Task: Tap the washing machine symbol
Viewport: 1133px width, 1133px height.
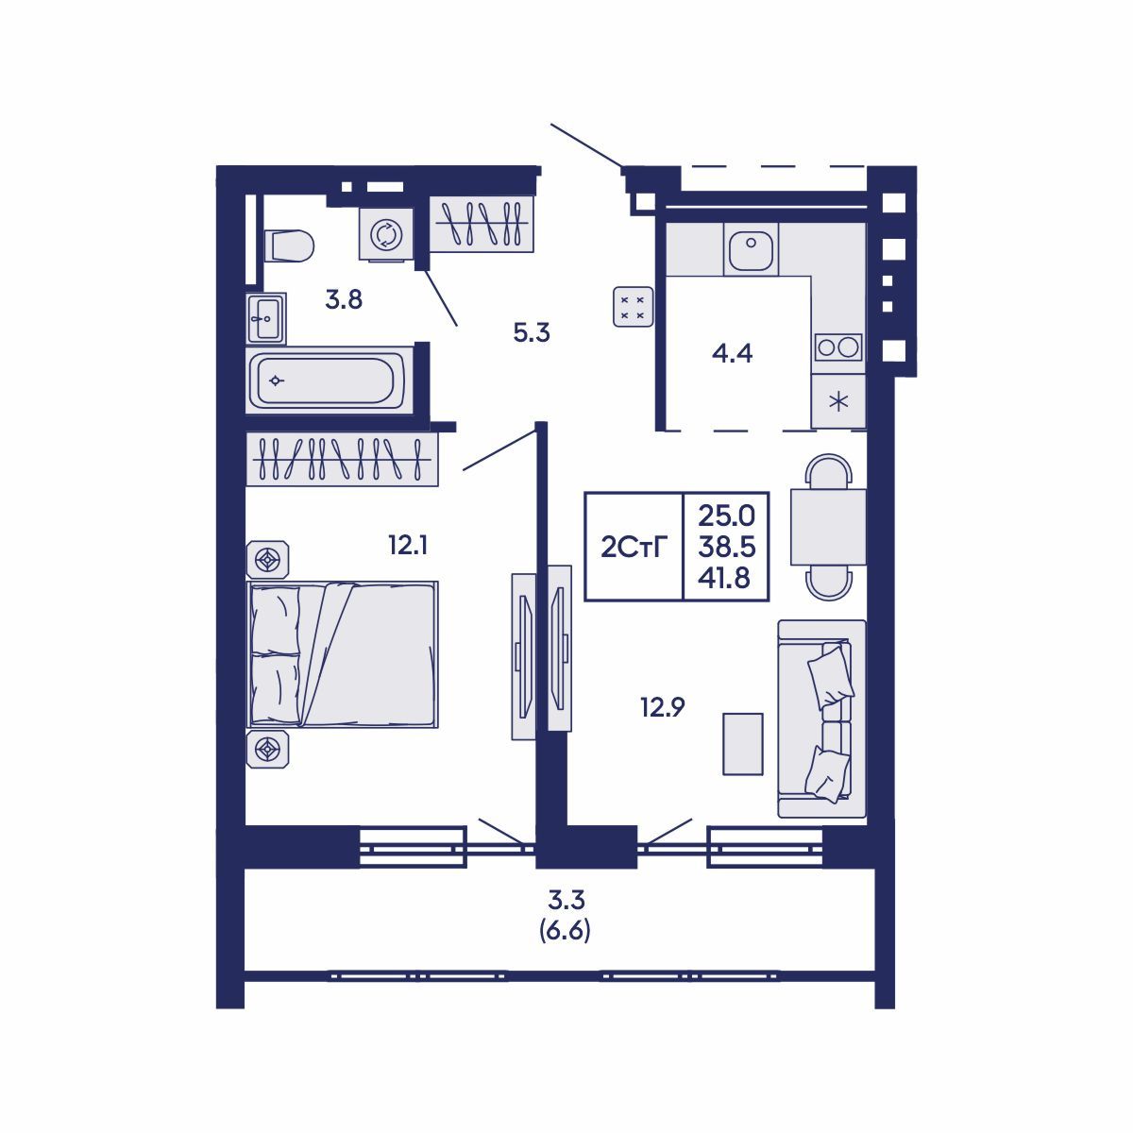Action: (385, 233)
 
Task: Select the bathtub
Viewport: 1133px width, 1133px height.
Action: (327, 380)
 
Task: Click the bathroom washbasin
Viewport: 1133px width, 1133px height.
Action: (265, 318)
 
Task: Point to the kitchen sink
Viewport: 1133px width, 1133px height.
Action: (751, 250)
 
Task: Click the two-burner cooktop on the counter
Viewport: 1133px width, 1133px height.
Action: (838, 347)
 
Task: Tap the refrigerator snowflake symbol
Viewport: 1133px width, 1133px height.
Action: (838, 400)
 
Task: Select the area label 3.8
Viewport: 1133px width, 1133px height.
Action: (344, 300)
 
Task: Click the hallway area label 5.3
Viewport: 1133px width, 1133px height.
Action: (532, 332)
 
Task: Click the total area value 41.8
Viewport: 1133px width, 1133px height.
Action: (725, 578)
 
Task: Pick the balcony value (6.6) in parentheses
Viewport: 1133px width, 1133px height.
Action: (565, 932)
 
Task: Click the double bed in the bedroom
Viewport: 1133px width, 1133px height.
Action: (344, 654)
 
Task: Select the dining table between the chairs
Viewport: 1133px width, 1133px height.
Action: (828, 527)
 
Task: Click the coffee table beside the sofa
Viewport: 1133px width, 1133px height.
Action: (743, 744)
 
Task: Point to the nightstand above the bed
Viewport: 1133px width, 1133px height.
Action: (269, 560)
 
